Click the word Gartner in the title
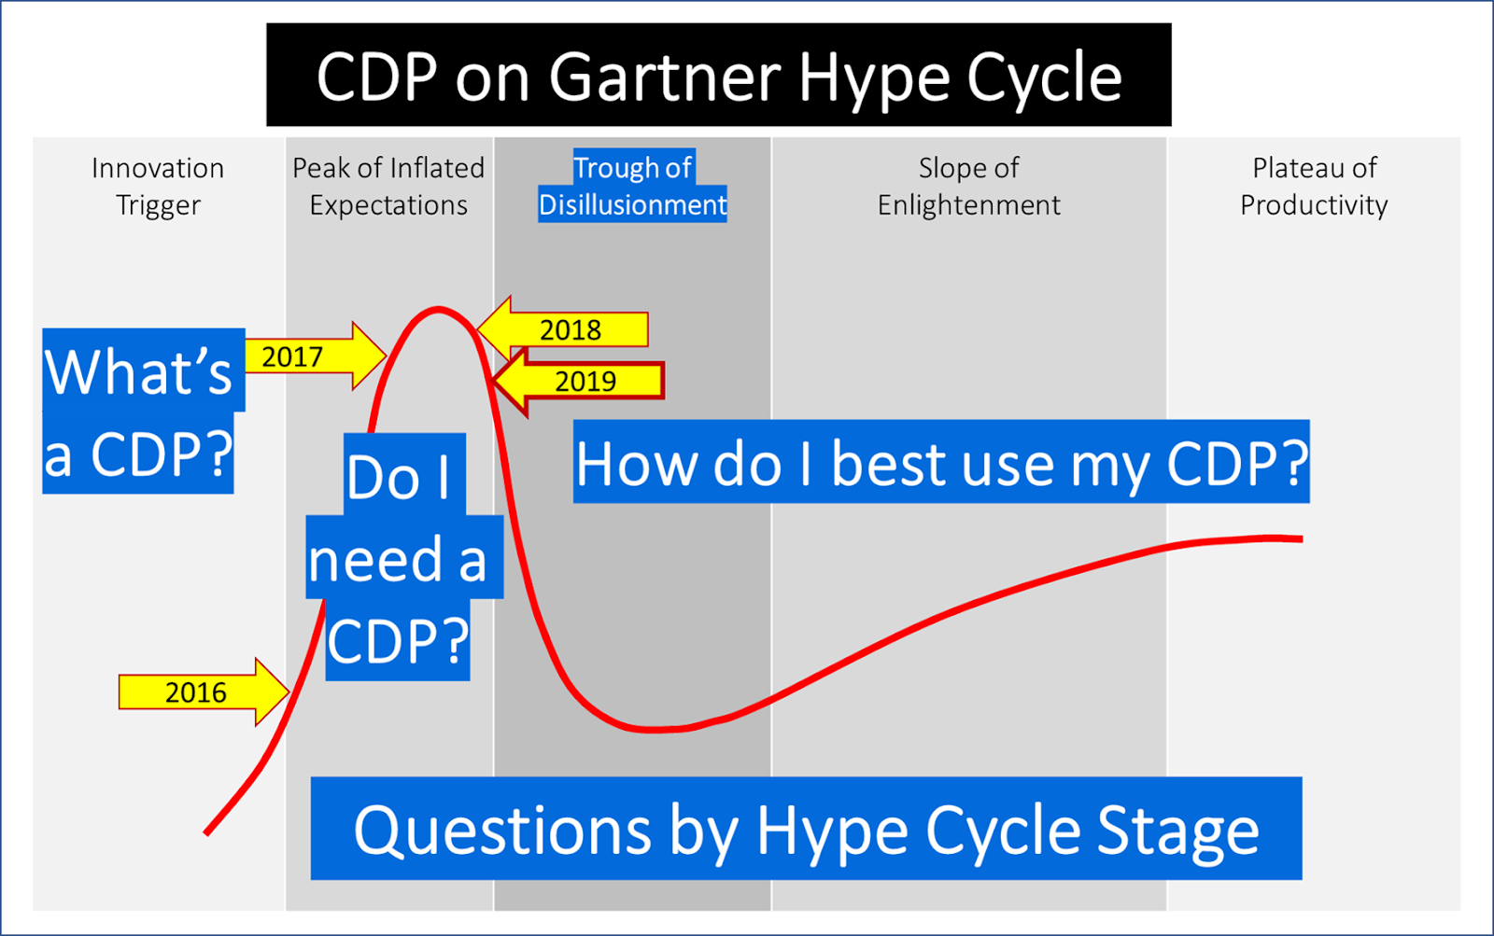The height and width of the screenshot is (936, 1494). (x=664, y=77)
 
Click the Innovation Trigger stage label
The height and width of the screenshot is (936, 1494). (x=158, y=186)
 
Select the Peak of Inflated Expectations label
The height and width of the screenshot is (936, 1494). (x=388, y=186)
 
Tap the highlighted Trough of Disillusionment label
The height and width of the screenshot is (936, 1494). (x=632, y=186)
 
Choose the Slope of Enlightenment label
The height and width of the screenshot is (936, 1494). (x=968, y=186)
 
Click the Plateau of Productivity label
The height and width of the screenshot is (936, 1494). (x=1314, y=186)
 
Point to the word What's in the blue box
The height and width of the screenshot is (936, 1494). (x=138, y=371)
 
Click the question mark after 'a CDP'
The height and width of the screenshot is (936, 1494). (x=216, y=454)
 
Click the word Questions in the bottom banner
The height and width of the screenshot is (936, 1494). (x=502, y=830)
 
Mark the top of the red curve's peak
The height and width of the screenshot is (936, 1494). (x=437, y=309)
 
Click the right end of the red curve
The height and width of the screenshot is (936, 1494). (x=1300, y=538)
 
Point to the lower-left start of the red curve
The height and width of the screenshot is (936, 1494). (x=207, y=832)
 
